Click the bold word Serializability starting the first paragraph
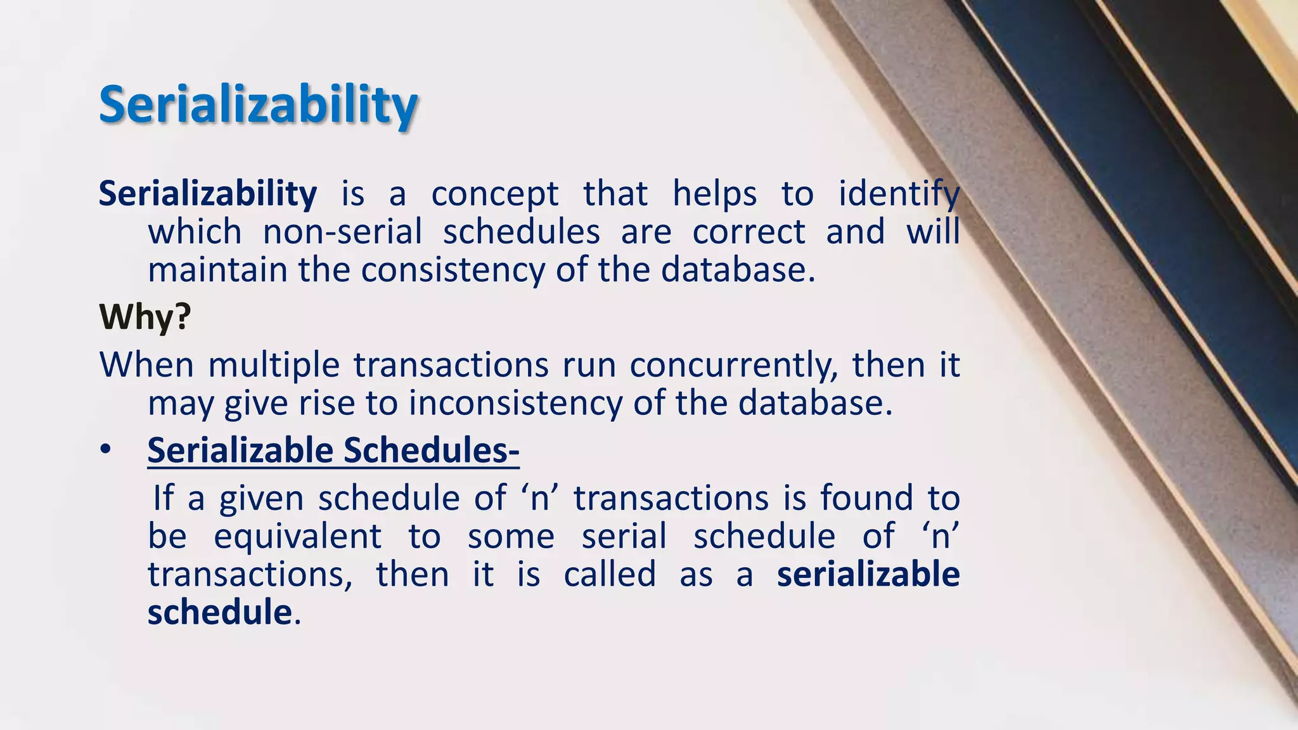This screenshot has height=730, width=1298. click(208, 194)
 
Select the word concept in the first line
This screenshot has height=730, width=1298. click(494, 194)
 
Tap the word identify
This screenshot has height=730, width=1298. click(899, 194)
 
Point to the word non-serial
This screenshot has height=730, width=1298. click(342, 232)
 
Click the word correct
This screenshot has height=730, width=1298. click(749, 232)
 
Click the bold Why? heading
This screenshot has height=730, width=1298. click(145, 317)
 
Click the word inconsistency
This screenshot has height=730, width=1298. click(515, 404)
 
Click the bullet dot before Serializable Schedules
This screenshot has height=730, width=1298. click(105, 451)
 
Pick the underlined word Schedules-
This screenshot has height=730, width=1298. click(431, 451)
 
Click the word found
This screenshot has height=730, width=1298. click(866, 499)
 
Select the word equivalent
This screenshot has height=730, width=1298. click(297, 537)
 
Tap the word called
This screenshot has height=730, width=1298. click(609, 575)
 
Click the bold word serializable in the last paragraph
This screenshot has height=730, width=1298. click(868, 575)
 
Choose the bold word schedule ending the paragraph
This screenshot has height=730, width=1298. click(219, 613)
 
